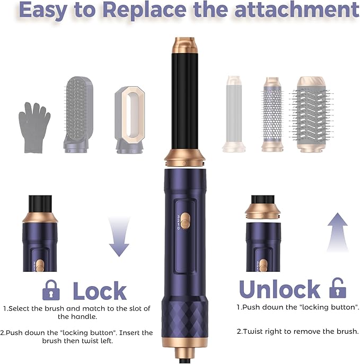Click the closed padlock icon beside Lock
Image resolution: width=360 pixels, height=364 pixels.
tap(51, 290)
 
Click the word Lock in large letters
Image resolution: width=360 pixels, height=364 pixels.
tap(100, 291)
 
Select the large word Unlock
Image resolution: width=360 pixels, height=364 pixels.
tap(279, 289)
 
